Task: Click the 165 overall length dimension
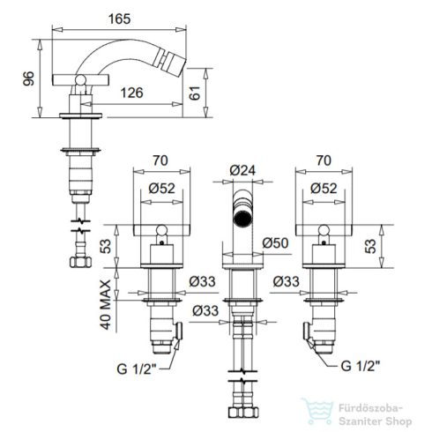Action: pyautogui.click(x=119, y=19)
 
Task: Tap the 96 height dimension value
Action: pyautogui.click(x=28, y=78)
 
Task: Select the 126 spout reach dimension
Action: pyautogui.click(x=132, y=93)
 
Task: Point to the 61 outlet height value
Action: pyautogui.click(x=195, y=93)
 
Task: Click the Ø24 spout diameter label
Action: pyautogui.click(x=242, y=170)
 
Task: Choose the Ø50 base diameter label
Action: pyautogui.click(x=275, y=242)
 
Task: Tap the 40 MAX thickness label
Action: pyautogui.click(x=106, y=304)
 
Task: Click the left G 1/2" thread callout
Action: pyautogui.click(x=137, y=369)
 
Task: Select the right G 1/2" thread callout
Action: pyautogui.click(x=361, y=366)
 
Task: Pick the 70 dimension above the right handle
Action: pyautogui.click(x=324, y=160)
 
